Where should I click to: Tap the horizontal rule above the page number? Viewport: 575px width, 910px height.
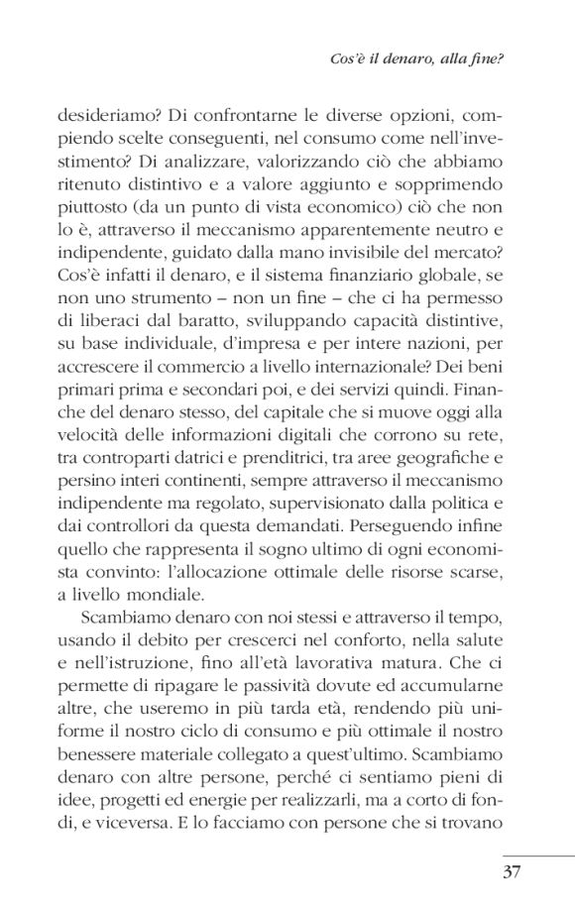point(537,855)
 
